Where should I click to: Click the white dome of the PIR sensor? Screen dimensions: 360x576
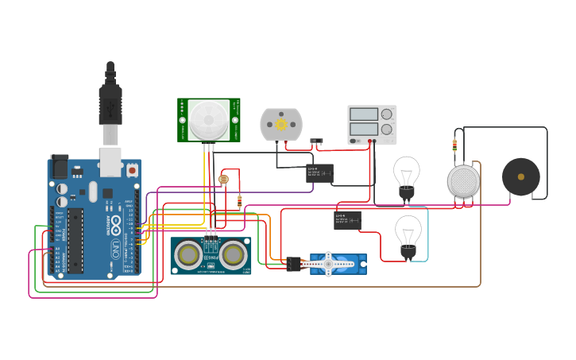(x=209, y=120)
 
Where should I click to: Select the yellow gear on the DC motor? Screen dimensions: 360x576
(x=281, y=124)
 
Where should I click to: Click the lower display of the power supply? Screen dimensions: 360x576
(x=364, y=128)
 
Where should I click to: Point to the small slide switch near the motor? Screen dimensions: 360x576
(x=316, y=141)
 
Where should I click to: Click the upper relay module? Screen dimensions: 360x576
(x=320, y=172)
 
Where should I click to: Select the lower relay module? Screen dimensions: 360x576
(x=347, y=220)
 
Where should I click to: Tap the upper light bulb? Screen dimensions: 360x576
(x=407, y=174)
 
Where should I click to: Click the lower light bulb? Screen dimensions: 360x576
(x=408, y=232)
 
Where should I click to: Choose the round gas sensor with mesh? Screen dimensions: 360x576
(x=464, y=181)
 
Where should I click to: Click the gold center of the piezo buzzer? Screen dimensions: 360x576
(x=521, y=177)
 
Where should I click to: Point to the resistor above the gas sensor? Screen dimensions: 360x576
(x=454, y=145)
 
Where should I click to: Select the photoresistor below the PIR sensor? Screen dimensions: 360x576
(x=223, y=180)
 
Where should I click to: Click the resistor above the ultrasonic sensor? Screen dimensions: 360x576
(x=240, y=202)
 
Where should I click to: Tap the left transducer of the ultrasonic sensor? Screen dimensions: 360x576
(x=189, y=254)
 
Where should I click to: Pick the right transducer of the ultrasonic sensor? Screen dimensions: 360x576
(x=233, y=254)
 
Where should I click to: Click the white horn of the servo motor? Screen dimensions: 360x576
(x=328, y=263)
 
